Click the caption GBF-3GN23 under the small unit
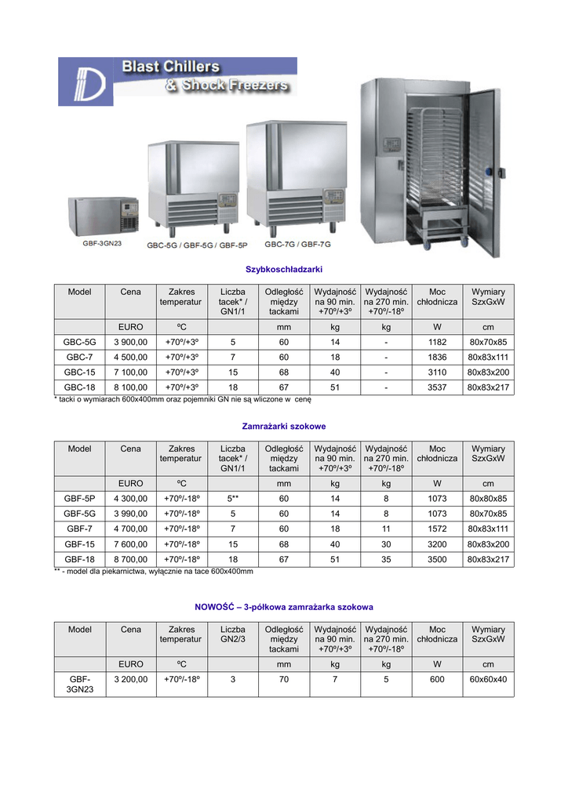click(x=102, y=243)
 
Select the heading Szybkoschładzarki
click(x=284, y=269)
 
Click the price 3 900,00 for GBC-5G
click(x=130, y=342)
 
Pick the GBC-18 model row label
click(x=80, y=387)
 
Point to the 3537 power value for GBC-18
click(x=437, y=387)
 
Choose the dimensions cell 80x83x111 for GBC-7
click(x=488, y=357)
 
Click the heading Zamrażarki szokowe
click(x=284, y=426)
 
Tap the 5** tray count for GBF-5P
click(x=233, y=499)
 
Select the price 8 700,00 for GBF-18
click(x=130, y=559)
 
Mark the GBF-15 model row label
click(x=80, y=544)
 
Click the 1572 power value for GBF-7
click(x=437, y=529)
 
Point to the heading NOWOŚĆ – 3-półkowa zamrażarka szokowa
click(x=284, y=607)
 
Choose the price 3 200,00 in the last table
click(x=130, y=680)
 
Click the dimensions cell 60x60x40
click(x=488, y=680)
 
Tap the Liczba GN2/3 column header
click(x=233, y=634)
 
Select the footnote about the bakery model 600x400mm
click(x=154, y=572)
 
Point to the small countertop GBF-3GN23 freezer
click(x=103, y=215)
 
